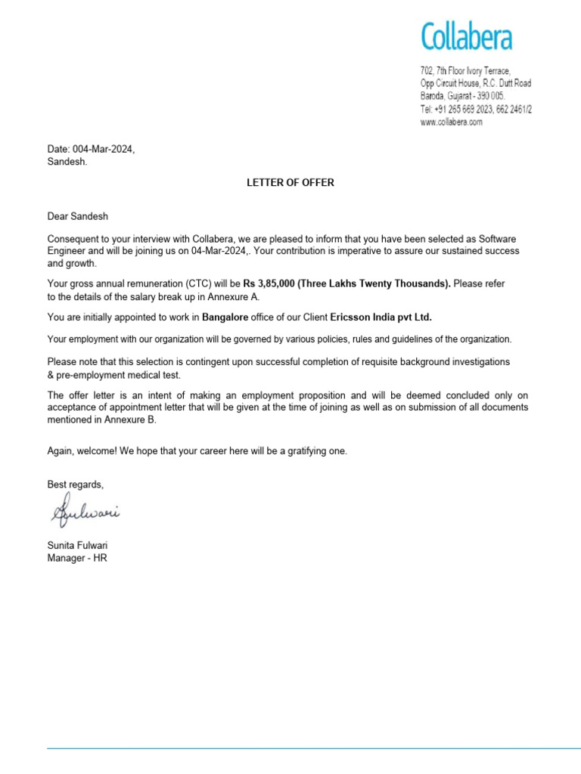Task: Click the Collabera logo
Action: pos(466,37)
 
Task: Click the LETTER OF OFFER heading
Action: pos(290,183)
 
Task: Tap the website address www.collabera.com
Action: pos(451,122)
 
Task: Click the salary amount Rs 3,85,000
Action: pos(269,283)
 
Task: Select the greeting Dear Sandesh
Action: pos(73,216)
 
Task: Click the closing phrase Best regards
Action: pos(75,484)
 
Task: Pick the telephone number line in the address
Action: pos(476,110)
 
